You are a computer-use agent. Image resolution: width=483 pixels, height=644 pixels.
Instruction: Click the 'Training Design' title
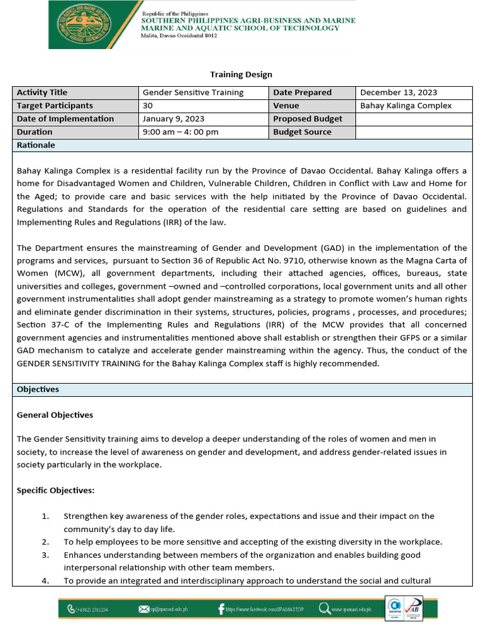coord(241,74)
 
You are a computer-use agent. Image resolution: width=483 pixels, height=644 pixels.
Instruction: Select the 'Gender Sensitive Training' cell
coord(193,92)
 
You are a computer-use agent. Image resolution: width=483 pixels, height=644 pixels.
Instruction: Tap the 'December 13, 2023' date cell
coord(399,92)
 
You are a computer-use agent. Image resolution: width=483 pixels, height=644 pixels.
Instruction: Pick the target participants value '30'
coord(148,106)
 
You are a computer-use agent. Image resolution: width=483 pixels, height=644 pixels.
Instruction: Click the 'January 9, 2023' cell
coord(173,119)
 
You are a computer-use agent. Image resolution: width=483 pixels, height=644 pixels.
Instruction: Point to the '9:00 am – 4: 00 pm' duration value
coord(180,132)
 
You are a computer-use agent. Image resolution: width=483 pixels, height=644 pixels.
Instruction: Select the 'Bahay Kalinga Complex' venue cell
coord(406,106)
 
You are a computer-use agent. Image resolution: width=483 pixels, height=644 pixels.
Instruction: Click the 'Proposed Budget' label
coord(308,119)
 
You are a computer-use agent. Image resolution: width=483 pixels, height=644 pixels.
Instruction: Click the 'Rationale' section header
coord(36,145)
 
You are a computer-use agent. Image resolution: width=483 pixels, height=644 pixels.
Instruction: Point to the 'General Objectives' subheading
coord(55,415)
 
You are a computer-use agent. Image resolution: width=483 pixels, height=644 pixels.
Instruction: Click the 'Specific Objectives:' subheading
coord(55,490)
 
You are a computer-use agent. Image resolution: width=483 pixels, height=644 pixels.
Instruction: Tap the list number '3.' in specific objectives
coord(45,555)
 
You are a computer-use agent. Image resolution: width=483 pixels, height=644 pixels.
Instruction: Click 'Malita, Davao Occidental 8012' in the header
coord(179,36)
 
